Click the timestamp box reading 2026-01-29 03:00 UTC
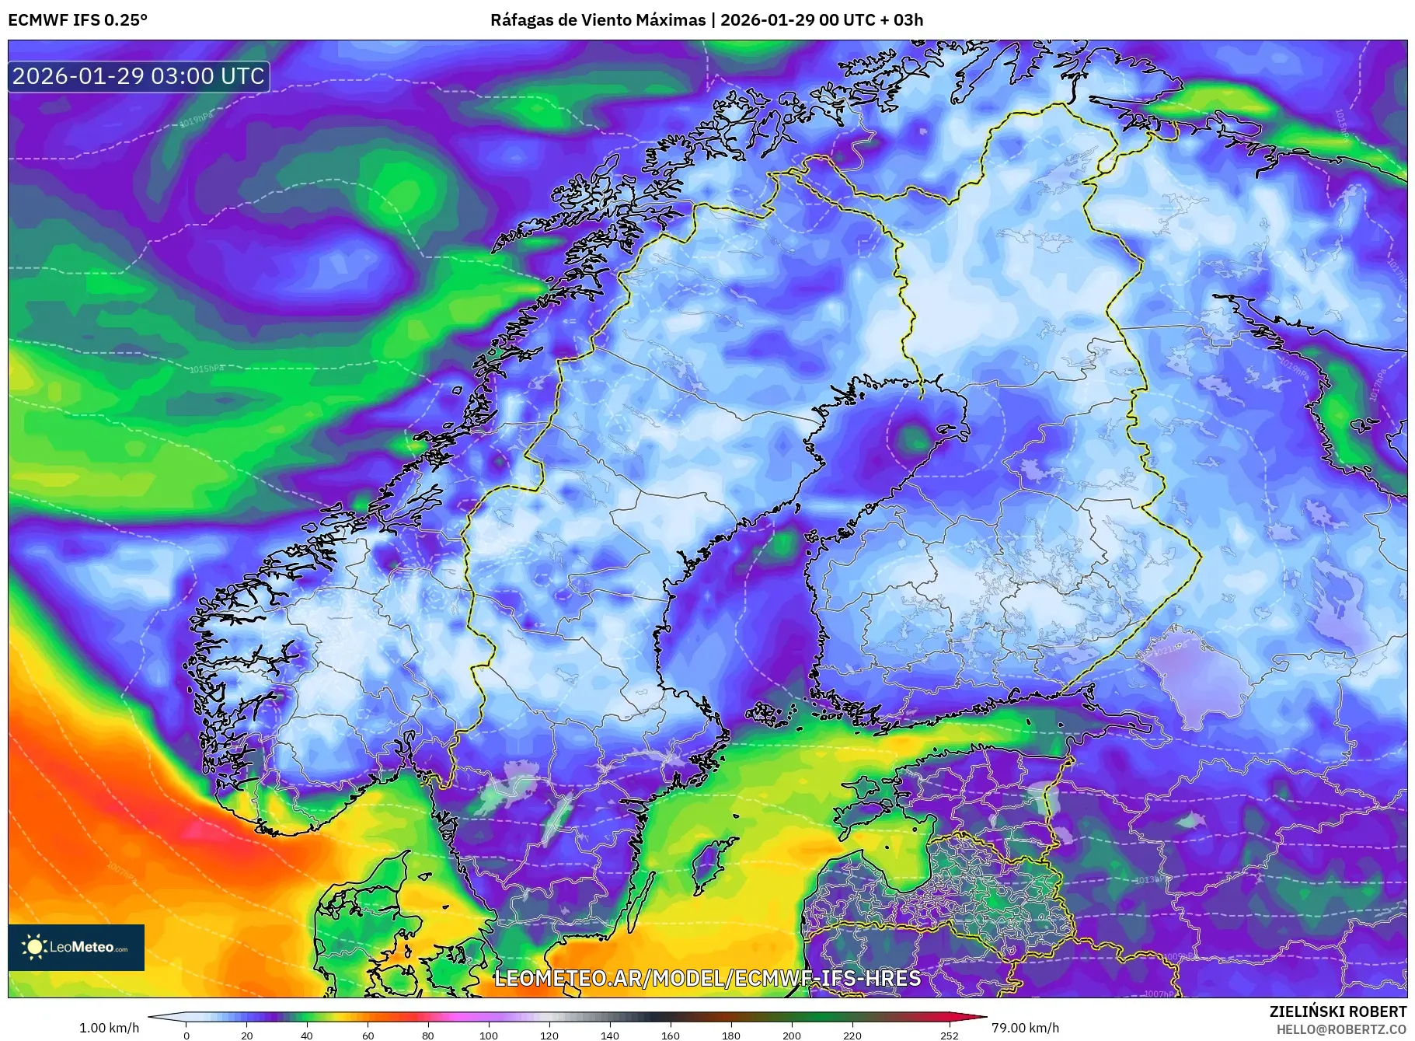[x=138, y=76]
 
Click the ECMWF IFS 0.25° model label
[x=78, y=20]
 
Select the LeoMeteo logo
[x=76, y=947]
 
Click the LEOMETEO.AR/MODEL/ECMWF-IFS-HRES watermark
[x=707, y=978]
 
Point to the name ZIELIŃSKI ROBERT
[x=1337, y=1011]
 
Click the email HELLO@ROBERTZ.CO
[x=1341, y=1029]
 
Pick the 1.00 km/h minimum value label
[x=110, y=1028]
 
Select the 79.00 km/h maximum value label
[x=1025, y=1028]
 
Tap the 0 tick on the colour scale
[x=186, y=1035]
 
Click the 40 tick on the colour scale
[x=307, y=1035]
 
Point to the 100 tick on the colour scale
[x=488, y=1035]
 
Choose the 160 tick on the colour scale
[x=670, y=1035]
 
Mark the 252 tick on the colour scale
[x=949, y=1035]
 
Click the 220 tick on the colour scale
[x=852, y=1035]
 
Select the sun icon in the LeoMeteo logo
[x=34, y=947]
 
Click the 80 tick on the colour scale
[x=427, y=1035]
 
